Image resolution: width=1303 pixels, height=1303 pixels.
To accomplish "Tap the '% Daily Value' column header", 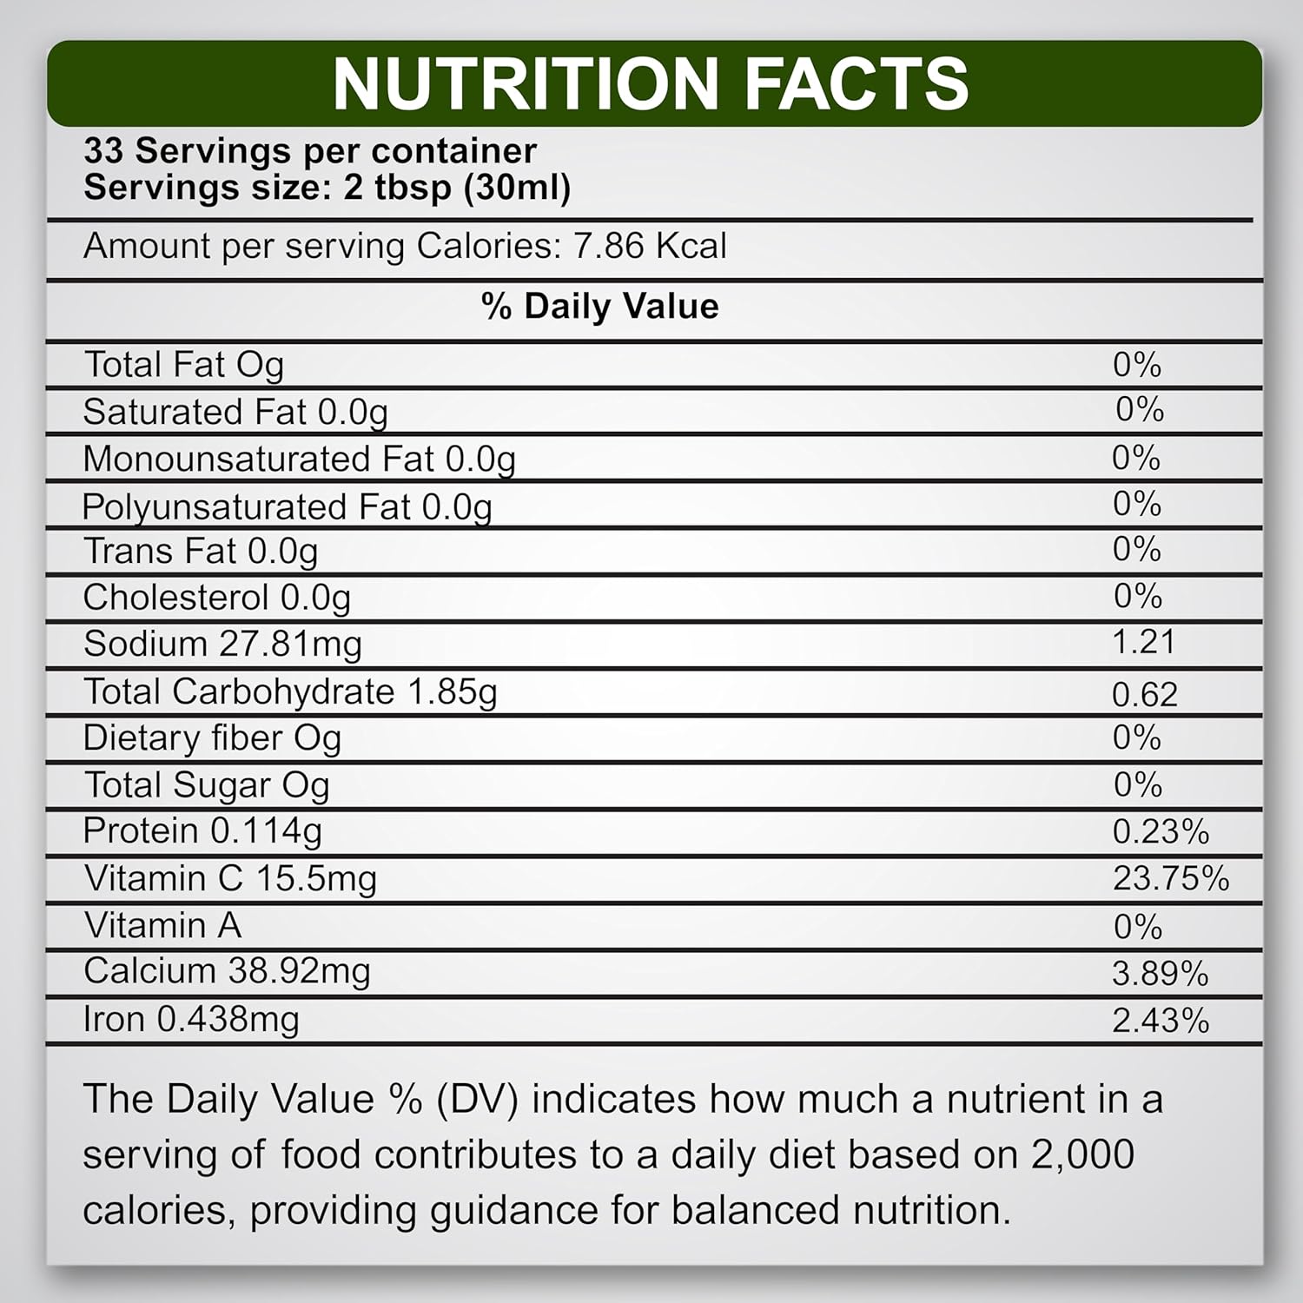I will (x=599, y=307).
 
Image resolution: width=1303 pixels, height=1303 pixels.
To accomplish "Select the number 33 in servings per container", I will (x=103, y=151).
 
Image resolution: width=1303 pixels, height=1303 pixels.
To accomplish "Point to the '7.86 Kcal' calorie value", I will (x=650, y=246).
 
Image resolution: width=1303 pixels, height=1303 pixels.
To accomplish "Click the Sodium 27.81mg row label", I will (x=222, y=645).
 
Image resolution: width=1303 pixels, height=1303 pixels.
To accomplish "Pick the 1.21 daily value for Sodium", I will (x=1143, y=642).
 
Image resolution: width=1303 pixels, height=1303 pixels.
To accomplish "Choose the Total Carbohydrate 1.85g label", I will (x=290, y=692).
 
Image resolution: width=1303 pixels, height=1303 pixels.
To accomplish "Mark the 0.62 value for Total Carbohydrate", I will (x=1144, y=694).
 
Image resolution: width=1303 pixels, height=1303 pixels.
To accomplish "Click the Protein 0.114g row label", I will (x=202, y=831).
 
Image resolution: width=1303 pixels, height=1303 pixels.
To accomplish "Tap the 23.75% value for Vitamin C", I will (x=1170, y=878).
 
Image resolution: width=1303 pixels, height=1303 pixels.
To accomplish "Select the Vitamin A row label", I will (x=162, y=925).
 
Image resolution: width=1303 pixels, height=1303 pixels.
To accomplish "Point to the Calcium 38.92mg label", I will (x=227, y=971).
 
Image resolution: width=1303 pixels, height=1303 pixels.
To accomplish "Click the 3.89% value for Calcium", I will (x=1160, y=974).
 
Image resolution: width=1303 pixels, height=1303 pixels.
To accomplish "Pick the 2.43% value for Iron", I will (x=1160, y=1021).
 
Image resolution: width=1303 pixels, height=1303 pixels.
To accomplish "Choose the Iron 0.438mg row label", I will (x=191, y=1020).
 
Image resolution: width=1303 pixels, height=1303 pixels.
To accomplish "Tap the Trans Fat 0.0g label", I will (x=201, y=552).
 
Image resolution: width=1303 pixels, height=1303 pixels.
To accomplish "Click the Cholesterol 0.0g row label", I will (x=216, y=598).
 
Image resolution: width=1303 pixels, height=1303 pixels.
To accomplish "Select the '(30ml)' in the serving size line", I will (x=517, y=188).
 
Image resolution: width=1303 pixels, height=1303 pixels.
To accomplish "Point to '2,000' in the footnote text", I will (x=1082, y=1154).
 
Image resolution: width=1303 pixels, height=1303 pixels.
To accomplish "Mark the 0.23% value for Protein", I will (x=1160, y=832).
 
